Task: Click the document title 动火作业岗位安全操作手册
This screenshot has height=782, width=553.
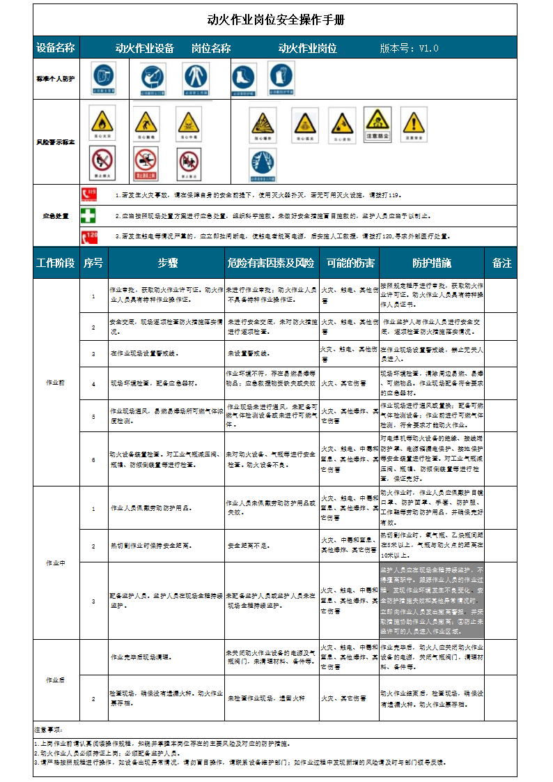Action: pyautogui.click(x=276, y=20)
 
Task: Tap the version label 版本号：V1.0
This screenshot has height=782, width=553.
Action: pyautogui.click(x=409, y=48)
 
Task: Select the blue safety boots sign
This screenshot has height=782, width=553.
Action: pyautogui.click(x=244, y=78)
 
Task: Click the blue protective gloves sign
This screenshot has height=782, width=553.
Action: pyautogui.click(x=281, y=78)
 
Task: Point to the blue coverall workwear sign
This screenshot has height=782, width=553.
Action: pyautogui.click(x=196, y=78)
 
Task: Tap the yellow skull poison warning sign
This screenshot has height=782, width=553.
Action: pyautogui.click(x=188, y=123)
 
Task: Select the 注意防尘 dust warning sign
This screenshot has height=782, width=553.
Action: pyautogui.click(x=377, y=123)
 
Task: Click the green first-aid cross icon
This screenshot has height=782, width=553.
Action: pyautogui.click(x=89, y=215)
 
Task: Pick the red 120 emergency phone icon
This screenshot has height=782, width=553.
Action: pyautogui.click(x=89, y=236)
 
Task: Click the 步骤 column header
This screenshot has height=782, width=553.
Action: pyautogui.click(x=167, y=263)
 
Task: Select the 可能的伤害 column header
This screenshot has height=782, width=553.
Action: pyautogui.click(x=350, y=263)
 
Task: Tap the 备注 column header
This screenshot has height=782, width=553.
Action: pyautogui.click(x=501, y=263)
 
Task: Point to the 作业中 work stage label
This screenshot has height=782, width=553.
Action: pyautogui.click(x=56, y=562)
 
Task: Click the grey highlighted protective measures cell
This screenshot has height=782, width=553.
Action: pyautogui.click(x=431, y=600)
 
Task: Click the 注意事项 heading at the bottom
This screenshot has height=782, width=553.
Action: pyautogui.click(x=49, y=730)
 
